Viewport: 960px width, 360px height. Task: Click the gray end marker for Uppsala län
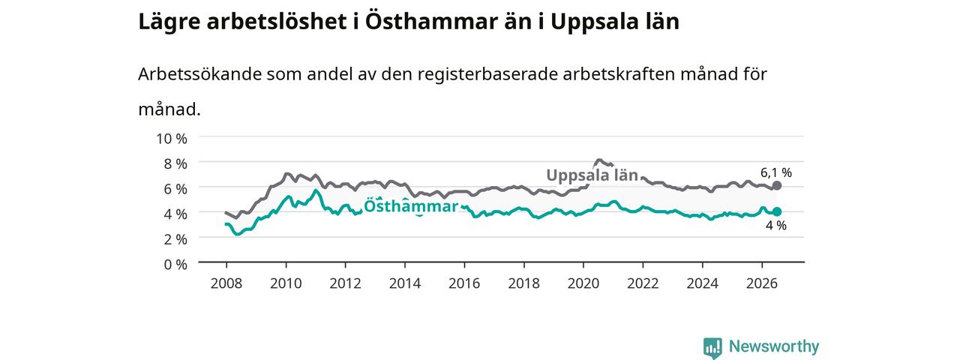click(x=776, y=185)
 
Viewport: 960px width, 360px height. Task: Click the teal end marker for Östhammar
click(x=776, y=211)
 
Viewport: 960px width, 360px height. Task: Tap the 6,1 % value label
click(x=776, y=172)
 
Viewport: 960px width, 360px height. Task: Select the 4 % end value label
click(x=776, y=226)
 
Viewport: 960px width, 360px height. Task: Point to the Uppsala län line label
click(x=592, y=175)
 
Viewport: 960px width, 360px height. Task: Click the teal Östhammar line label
click(x=411, y=206)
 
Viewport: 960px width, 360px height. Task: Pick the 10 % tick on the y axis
click(x=172, y=139)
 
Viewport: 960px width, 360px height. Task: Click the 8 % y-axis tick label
click(x=175, y=163)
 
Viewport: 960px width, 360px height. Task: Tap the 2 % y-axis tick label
click(x=175, y=239)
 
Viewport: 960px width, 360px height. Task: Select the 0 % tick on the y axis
click(x=175, y=265)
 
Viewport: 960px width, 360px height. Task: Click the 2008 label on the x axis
click(x=226, y=283)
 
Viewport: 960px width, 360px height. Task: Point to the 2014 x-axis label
click(x=405, y=283)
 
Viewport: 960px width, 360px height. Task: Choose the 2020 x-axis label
click(x=583, y=283)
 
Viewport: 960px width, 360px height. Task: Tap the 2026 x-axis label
click(x=762, y=283)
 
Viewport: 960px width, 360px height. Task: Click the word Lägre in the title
click(x=169, y=22)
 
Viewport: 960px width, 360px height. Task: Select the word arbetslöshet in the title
click(x=277, y=22)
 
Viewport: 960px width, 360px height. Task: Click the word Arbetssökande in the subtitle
click(x=199, y=74)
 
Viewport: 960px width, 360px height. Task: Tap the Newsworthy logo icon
click(x=712, y=347)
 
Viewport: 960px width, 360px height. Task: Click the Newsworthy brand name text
click(x=774, y=346)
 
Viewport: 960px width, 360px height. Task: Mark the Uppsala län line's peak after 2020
click(x=599, y=160)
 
